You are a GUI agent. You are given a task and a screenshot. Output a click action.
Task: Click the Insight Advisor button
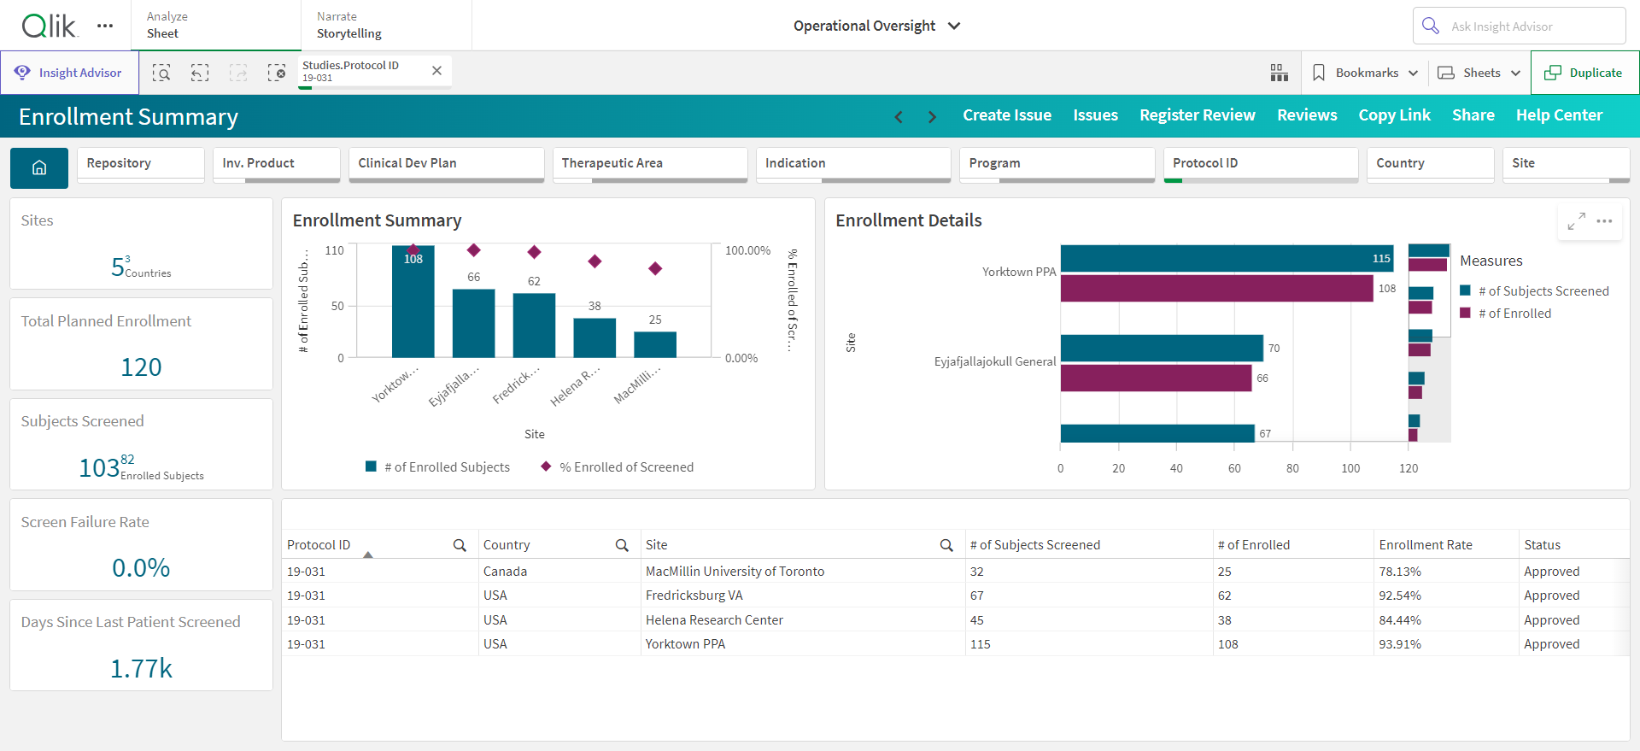coord(69,73)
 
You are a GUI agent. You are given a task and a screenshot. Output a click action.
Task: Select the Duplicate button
coord(1584,73)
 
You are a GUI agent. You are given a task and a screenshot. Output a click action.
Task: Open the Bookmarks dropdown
coord(1365,73)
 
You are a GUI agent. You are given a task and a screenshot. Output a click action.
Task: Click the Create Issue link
coord(1007,115)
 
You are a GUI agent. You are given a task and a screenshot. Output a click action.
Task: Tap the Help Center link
coord(1559,115)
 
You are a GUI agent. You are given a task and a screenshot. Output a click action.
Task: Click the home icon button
coord(39,168)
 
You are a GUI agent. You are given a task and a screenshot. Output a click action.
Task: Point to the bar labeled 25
coord(655,344)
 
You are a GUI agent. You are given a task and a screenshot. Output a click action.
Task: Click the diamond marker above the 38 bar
coord(594,261)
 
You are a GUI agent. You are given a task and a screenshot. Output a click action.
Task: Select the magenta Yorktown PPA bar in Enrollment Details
coord(1216,288)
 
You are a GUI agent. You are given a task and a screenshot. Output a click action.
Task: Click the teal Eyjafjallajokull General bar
coord(1162,348)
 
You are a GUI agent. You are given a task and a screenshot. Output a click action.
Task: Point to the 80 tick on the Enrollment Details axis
coord(1292,468)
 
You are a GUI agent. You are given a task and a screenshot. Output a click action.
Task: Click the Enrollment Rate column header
coord(1426,545)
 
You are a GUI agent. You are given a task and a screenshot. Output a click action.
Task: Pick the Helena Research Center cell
coord(714,620)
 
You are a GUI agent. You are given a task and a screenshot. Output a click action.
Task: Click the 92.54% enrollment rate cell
coord(1400,596)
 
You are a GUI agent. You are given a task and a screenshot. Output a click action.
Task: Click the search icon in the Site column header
coord(946,545)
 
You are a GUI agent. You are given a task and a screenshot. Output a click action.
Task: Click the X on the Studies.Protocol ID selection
coord(436,71)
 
